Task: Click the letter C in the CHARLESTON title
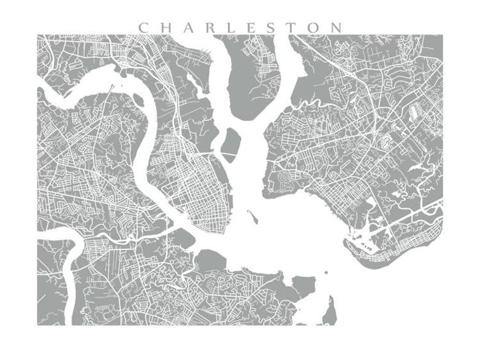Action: [x=144, y=28]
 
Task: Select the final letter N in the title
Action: [x=336, y=28]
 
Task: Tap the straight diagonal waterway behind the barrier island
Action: [x=405, y=221]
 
